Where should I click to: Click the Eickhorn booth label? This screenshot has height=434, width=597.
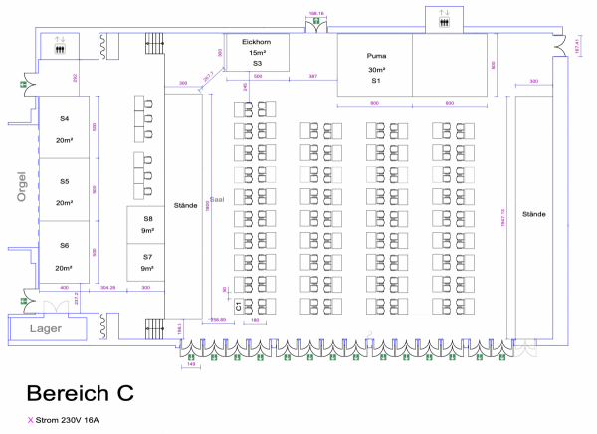257,41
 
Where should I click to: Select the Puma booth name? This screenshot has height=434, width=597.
375,57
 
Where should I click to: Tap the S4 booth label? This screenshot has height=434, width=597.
64,119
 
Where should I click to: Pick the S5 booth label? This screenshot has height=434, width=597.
64,182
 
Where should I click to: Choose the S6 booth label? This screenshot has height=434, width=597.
64,245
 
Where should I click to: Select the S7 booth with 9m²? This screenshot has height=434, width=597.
147,257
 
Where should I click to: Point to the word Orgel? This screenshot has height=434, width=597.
20,186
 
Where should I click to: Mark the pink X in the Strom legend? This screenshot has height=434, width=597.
30,421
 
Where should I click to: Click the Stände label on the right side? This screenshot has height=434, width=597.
535,213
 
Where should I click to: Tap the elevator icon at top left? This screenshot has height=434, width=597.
60,44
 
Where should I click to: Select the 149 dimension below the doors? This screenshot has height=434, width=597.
191,365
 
